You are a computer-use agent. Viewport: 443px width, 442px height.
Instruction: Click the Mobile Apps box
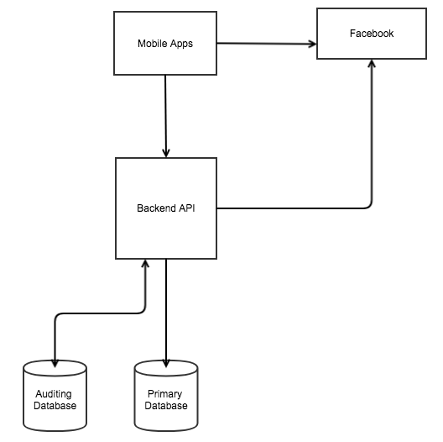click(165, 44)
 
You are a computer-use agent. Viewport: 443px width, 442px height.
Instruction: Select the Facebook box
click(372, 34)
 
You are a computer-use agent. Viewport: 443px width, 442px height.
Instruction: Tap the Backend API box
click(166, 208)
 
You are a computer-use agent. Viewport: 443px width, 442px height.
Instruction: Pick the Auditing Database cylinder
click(55, 396)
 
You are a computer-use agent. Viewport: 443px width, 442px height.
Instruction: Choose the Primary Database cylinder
click(166, 396)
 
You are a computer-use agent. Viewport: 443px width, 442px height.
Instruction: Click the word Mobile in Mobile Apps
click(151, 44)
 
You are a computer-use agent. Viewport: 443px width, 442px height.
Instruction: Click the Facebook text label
click(372, 34)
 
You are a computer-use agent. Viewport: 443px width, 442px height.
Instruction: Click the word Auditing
click(54, 394)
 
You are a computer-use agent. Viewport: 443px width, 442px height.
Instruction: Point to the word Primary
click(165, 394)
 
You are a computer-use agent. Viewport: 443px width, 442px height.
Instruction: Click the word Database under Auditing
click(55, 406)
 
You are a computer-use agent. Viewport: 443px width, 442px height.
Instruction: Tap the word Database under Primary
click(166, 406)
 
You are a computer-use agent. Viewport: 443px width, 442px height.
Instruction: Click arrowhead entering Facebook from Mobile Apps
click(312, 44)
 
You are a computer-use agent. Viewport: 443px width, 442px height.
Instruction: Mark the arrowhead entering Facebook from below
click(372, 63)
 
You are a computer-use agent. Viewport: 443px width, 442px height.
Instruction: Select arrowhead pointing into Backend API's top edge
click(166, 153)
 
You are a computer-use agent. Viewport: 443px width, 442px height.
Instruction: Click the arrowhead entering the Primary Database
click(166, 363)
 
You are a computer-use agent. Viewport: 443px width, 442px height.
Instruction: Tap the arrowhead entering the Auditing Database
click(55, 363)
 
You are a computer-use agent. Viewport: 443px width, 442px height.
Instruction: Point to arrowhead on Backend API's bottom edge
click(145, 264)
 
